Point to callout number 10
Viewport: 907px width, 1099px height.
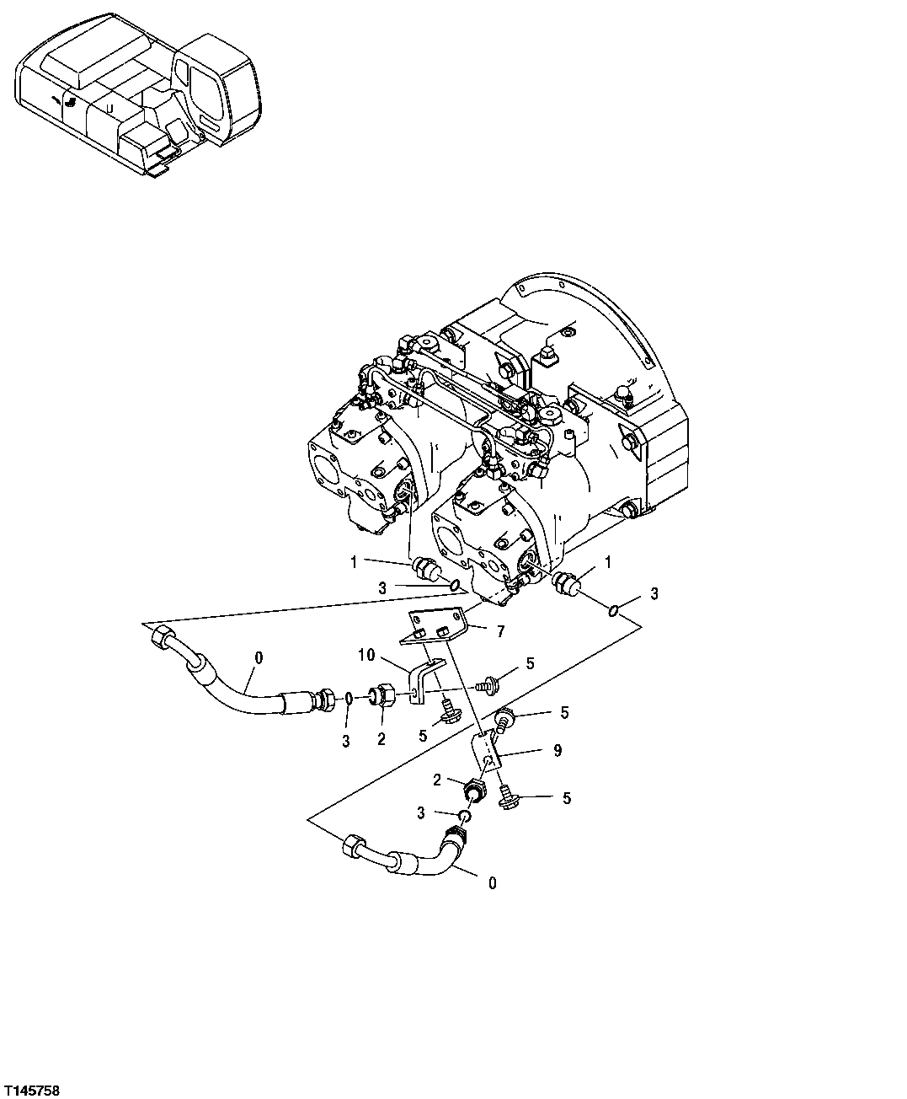(x=367, y=654)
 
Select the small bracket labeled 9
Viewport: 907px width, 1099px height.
(x=485, y=750)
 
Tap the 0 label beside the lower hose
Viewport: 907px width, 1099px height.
(x=492, y=883)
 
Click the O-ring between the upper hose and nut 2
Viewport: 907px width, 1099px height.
(x=348, y=700)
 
